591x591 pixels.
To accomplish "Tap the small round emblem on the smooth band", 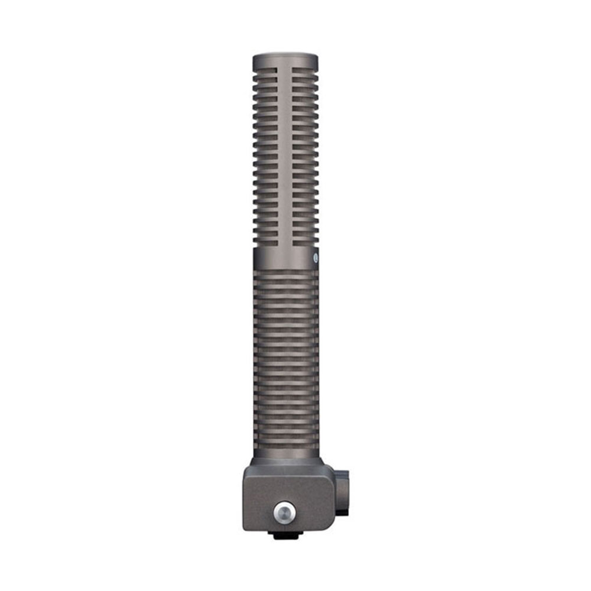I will click(316, 257).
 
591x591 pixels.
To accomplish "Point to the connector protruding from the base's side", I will click(342, 492).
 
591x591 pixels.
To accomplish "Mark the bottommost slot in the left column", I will click(266, 242).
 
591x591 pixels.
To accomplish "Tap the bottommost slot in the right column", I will click(305, 242).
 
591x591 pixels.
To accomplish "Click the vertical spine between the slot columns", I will click(285, 154).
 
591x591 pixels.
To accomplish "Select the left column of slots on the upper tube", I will click(266, 154).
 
